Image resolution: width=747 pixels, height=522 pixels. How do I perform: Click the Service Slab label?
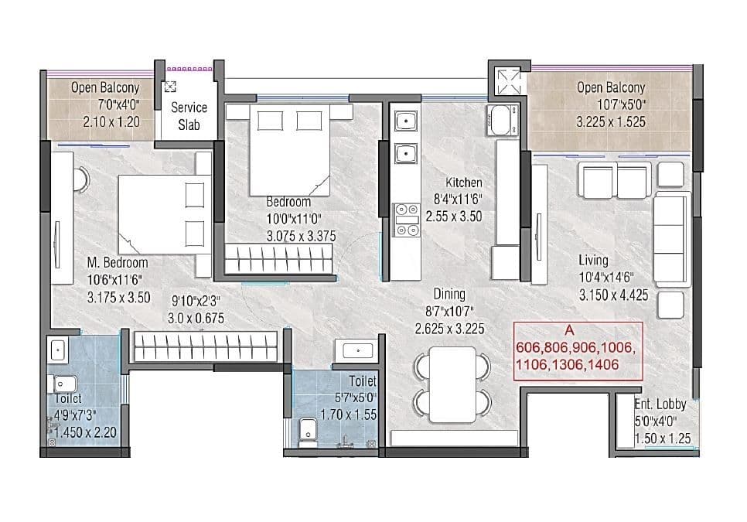point(189,116)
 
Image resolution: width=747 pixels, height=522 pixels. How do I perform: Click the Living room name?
point(593,261)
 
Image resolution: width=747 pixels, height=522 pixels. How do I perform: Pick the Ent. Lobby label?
point(660,404)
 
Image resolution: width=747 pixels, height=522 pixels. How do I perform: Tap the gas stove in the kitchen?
point(404,218)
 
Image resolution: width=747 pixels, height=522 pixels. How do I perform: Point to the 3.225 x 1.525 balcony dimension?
point(611,122)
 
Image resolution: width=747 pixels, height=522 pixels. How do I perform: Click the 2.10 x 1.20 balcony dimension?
point(105,122)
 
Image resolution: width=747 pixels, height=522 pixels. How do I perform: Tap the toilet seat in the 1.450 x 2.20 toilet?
point(62,383)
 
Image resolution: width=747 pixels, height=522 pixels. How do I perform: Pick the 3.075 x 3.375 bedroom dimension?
point(301,237)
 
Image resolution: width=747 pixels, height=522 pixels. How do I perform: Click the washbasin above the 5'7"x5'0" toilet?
point(358,352)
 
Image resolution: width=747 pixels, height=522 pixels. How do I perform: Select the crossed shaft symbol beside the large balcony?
point(507,82)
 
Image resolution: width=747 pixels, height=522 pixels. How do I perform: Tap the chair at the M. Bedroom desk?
point(81,179)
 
